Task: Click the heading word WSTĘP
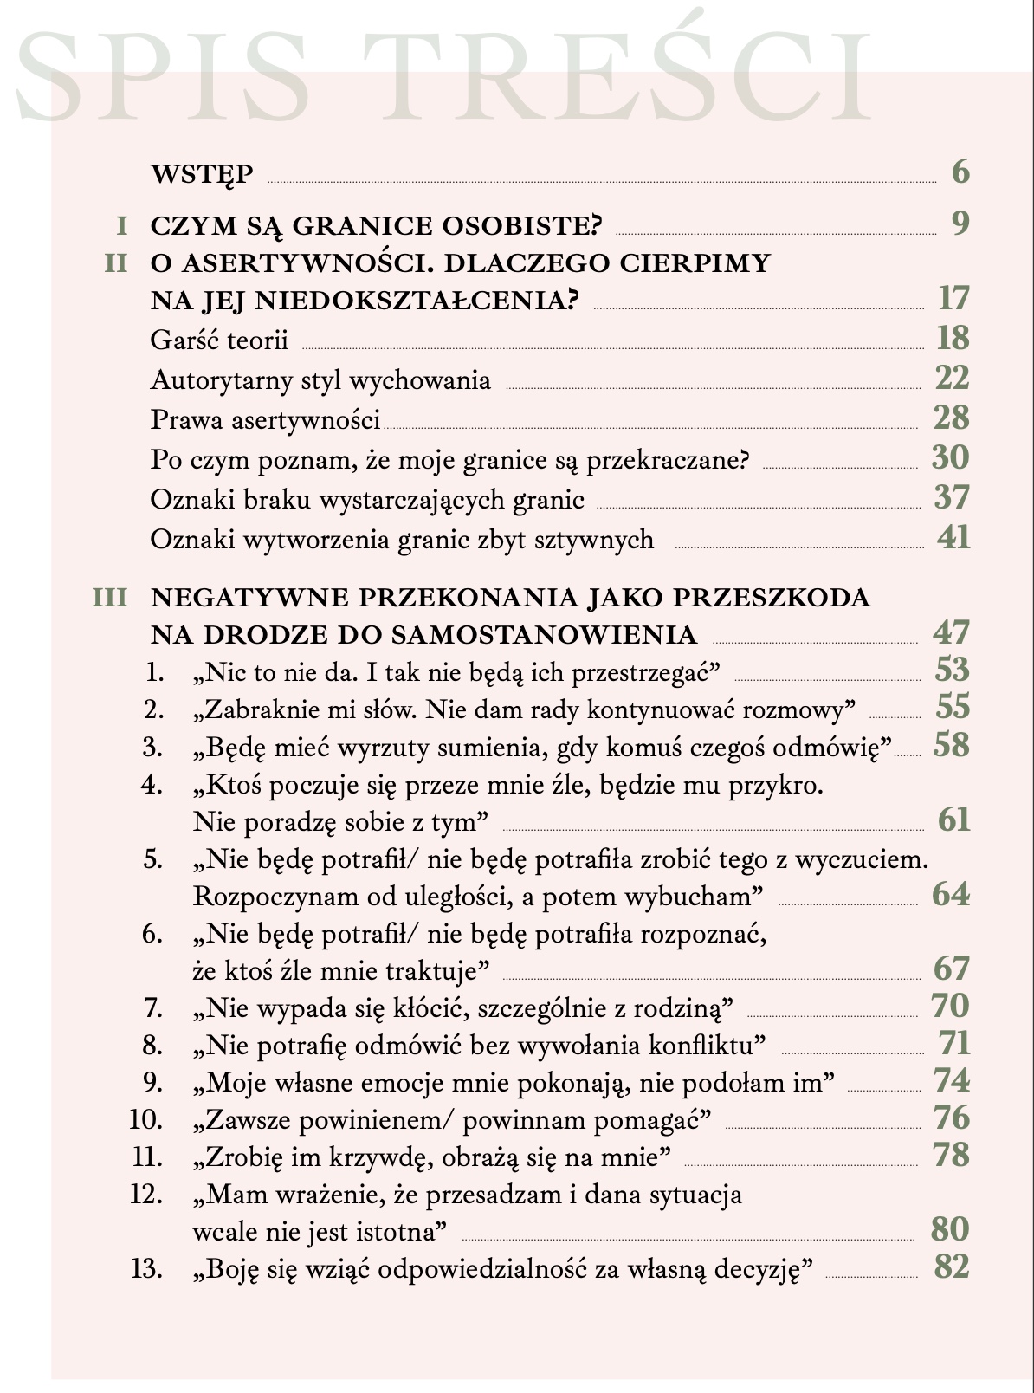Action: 202,174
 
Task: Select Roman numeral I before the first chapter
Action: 122,226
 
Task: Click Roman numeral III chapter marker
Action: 110,598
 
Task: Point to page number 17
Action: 953,299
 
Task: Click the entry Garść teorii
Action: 219,340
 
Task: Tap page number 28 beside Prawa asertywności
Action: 952,418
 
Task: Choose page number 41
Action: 953,538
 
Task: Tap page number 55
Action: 953,708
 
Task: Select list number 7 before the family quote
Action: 153,1007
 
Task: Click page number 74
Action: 952,1081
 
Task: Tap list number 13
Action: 146,1269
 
